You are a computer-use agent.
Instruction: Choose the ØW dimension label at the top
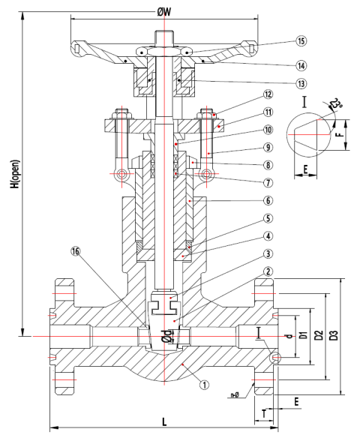tap(163, 11)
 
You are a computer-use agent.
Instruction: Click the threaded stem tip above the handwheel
tap(163, 35)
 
